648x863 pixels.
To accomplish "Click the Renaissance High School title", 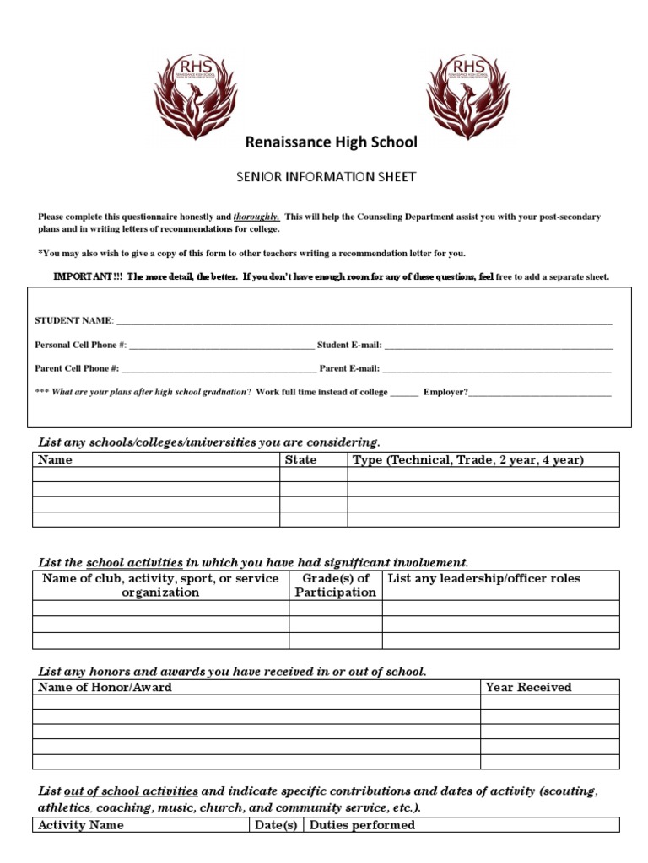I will [331, 142].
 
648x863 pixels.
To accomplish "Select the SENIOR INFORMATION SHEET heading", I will [325, 177].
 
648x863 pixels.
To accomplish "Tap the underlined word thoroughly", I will [257, 217].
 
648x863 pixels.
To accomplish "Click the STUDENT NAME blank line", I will [364, 321].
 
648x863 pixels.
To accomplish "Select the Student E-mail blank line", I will [499, 345].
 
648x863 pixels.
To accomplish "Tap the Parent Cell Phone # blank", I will [219, 368].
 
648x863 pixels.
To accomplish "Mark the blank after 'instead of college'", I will [404, 392].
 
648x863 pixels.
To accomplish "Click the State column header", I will [301, 459].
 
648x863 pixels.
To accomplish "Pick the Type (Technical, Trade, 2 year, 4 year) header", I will [468, 459].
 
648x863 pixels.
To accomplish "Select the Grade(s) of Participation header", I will [335, 585].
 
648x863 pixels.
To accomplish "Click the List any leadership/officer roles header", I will [484, 578].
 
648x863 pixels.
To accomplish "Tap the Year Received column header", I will [528, 687].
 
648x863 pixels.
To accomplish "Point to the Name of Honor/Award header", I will [105, 687].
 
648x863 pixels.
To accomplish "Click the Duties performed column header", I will [362, 825].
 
